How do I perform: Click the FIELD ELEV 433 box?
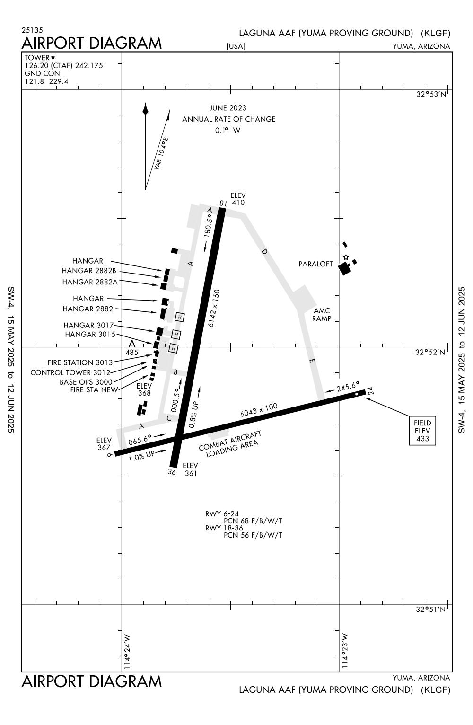click(x=422, y=431)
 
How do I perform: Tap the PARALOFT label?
click(x=315, y=264)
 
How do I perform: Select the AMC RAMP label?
click(x=322, y=315)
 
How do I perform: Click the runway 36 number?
click(x=172, y=472)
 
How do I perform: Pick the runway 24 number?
click(x=370, y=390)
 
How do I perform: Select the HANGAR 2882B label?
click(x=89, y=271)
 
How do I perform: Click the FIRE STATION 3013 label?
click(x=80, y=363)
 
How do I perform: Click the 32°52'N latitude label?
click(x=430, y=352)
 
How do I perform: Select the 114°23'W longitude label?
click(x=345, y=651)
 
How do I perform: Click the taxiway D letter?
click(x=264, y=251)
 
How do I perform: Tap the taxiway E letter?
click(x=312, y=362)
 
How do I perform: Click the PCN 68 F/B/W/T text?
click(x=253, y=521)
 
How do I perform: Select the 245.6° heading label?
click(x=348, y=387)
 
